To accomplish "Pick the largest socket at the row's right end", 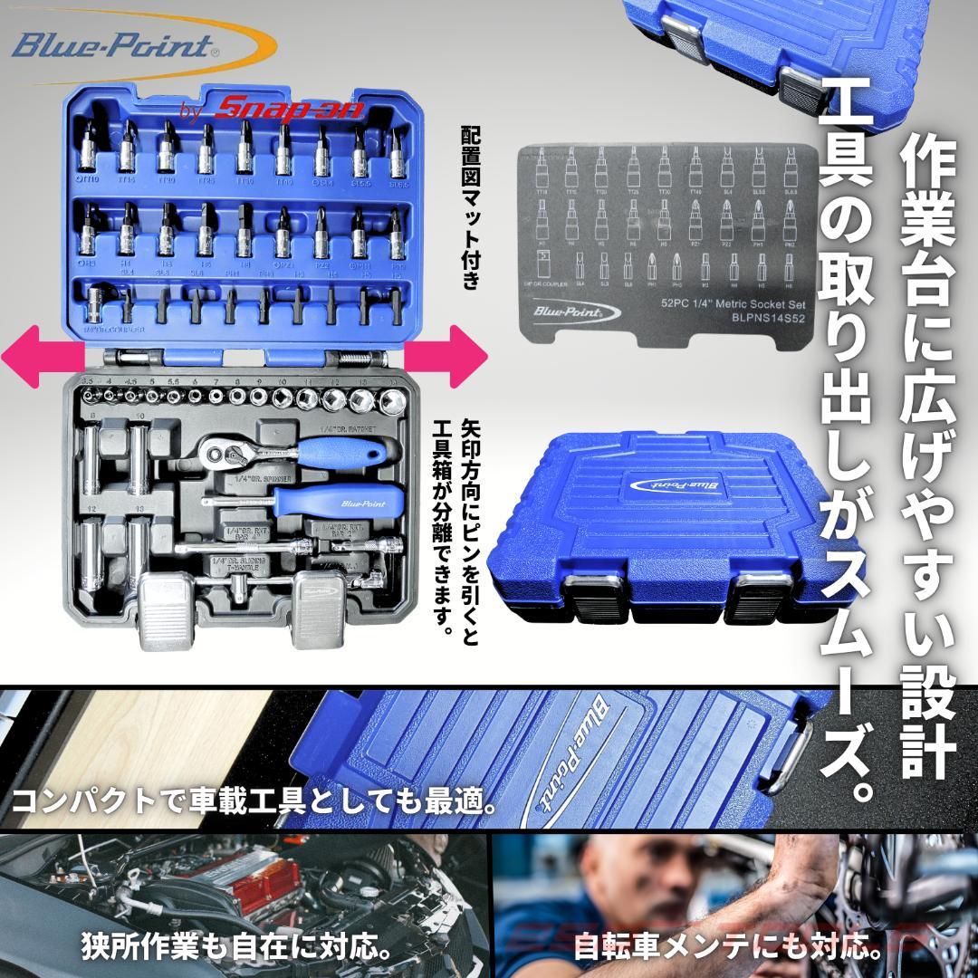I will (x=393, y=399).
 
